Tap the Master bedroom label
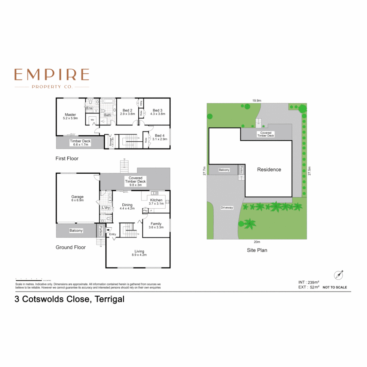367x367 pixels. tap(71, 115)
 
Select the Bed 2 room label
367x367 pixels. tap(127, 110)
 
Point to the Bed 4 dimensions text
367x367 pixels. tap(159, 139)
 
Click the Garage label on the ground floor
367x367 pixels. tap(77, 197)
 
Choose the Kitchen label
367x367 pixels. tap(156, 200)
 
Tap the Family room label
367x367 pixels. tap(156, 224)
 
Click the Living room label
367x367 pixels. tap(140, 251)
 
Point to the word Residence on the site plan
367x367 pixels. tap(269, 170)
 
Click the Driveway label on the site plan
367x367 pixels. tap(227, 208)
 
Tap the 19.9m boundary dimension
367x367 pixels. tap(257, 101)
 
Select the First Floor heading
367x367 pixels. tap(67, 159)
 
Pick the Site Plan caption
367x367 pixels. tap(257, 250)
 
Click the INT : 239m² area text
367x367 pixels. tap(309, 282)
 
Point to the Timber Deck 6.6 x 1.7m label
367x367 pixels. tap(79, 143)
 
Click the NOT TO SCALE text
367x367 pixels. tap(335, 287)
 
